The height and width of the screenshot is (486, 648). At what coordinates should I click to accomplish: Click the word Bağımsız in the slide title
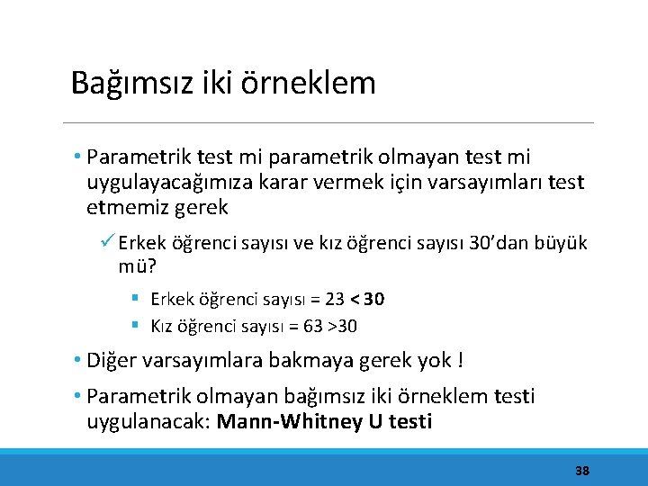click(x=121, y=84)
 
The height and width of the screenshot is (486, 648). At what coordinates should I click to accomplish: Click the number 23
click(x=334, y=299)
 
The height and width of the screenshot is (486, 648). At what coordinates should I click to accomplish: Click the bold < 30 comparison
click(x=368, y=299)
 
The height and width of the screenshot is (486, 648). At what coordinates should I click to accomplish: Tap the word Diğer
click(x=113, y=361)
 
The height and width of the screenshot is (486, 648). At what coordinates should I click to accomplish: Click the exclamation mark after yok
click(x=461, y=361)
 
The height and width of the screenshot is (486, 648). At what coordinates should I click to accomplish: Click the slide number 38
click(x=582, y=471)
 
